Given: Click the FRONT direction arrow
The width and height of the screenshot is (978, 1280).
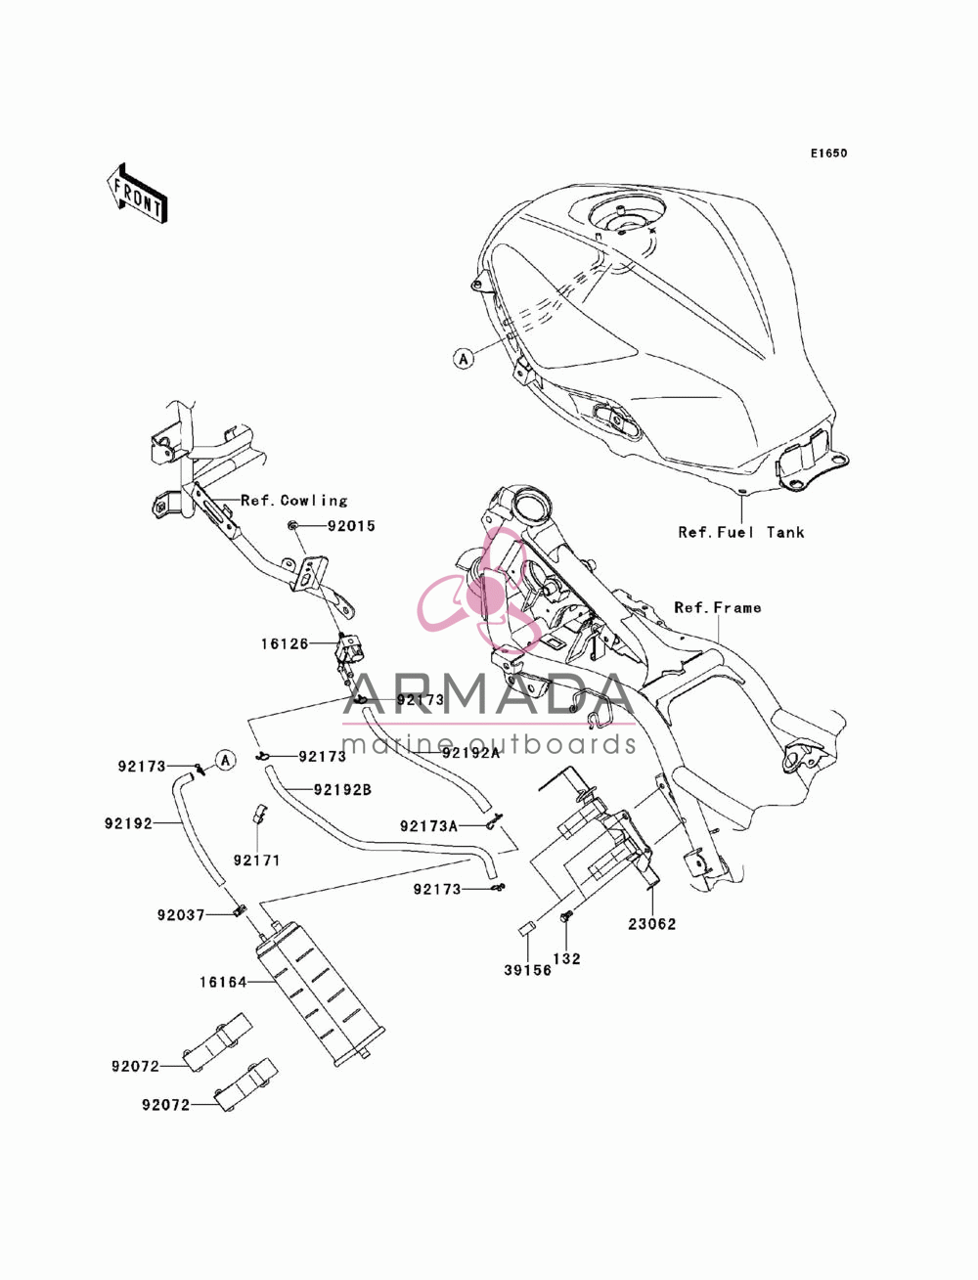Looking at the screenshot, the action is point(137,193).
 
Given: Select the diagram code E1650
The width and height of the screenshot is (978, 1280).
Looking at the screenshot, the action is point(828,154).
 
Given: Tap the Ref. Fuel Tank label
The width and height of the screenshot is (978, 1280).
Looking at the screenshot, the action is point(740,532).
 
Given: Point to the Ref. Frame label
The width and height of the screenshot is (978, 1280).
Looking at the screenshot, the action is point(717,607).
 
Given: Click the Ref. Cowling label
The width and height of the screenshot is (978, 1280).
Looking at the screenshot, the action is point(294,501).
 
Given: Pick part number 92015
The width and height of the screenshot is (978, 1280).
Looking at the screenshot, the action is point(351,526).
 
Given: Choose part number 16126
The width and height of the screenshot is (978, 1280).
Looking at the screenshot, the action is point(284,644).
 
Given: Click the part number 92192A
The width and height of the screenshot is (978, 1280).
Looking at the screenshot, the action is point(470,753).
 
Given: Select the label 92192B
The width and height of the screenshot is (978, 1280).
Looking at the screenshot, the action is point(342,789).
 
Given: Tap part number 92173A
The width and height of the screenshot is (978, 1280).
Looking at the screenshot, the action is point(428,825).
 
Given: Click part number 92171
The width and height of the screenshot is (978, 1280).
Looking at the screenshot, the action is point(256,861).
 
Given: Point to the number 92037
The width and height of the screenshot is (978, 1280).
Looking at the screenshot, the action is point(181,915).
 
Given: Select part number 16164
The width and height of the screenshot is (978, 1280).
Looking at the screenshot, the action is point(223,982).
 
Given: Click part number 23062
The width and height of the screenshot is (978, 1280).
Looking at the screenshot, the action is point(652,924).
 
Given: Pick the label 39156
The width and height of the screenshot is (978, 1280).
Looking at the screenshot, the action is point(527,970).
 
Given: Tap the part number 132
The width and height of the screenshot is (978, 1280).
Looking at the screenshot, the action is point(567,958).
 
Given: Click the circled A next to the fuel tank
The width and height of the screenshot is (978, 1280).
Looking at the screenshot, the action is point(464,358).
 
